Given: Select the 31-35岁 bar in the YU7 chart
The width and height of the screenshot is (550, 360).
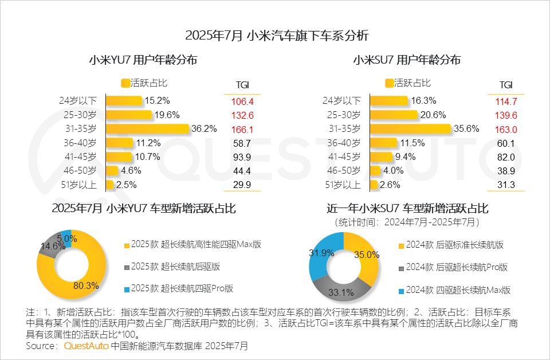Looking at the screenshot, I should [x=147, y=128].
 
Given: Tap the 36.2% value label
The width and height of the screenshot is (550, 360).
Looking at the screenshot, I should [x=205, y=128].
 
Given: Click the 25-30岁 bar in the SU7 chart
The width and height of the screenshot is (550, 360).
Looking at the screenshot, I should [x=392, y=115].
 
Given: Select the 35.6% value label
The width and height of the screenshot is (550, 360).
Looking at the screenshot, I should [x=465, y=128].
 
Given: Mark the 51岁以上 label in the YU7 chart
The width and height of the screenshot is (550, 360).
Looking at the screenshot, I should [x=78, y=185].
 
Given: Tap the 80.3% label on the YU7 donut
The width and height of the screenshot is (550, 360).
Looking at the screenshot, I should [x=87, y=285].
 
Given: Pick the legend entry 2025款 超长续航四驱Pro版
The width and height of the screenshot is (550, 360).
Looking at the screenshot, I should [x=182, y=288].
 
